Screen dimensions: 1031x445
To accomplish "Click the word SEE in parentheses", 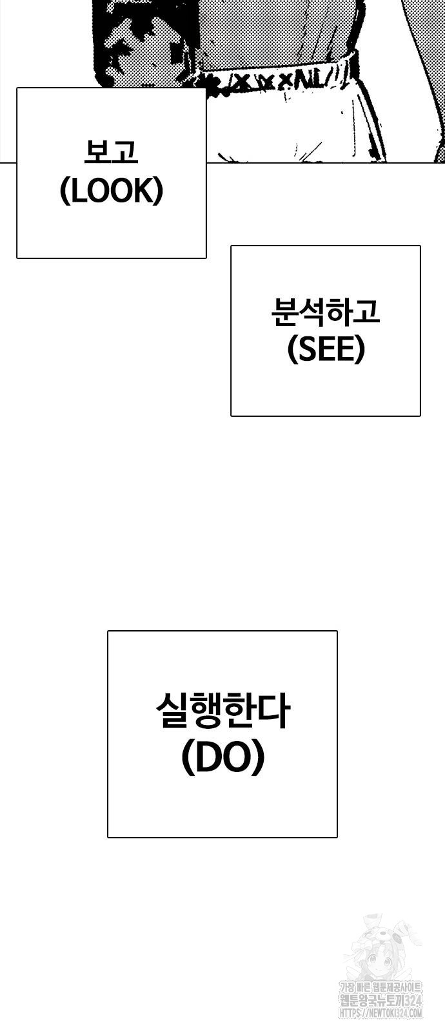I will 326,350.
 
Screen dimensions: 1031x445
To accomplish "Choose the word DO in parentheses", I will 222,758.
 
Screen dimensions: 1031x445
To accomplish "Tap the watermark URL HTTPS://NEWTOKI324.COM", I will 381,1013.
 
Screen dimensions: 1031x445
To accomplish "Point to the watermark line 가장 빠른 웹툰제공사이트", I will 381,988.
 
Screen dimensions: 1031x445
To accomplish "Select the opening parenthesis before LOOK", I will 64,191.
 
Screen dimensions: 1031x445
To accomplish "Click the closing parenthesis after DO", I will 258,759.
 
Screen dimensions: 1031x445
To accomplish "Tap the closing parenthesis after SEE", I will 360,351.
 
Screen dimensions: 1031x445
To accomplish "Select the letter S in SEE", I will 304,350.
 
